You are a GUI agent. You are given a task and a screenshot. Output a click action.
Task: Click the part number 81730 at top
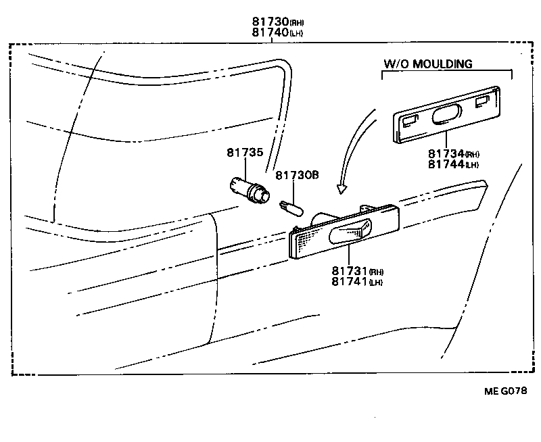click(268, 21)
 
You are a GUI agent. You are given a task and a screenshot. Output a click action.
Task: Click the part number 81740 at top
click(268, 32)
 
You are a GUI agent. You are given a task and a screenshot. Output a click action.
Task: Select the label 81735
click(244, 153)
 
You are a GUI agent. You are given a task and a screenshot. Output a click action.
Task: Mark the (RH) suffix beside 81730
click(297, 22)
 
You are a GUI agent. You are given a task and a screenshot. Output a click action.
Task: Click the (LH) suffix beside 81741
click(376, 283)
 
